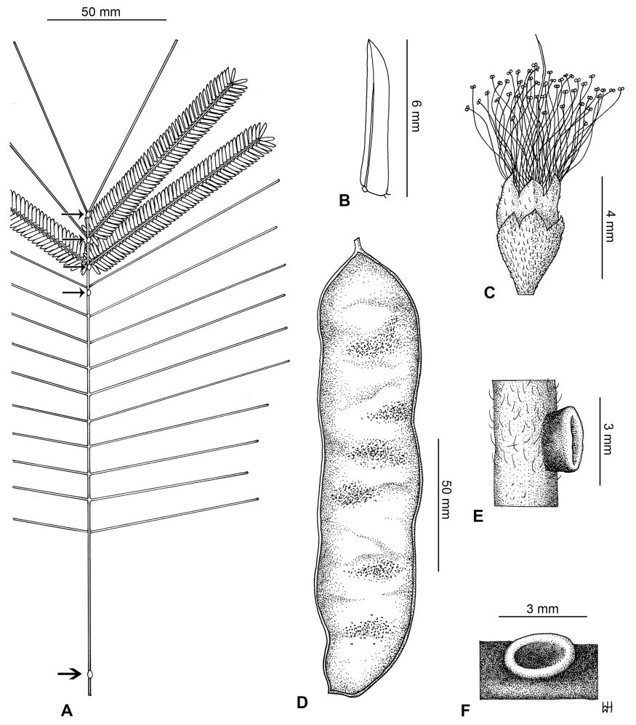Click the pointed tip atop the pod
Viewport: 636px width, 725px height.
point(355,244)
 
